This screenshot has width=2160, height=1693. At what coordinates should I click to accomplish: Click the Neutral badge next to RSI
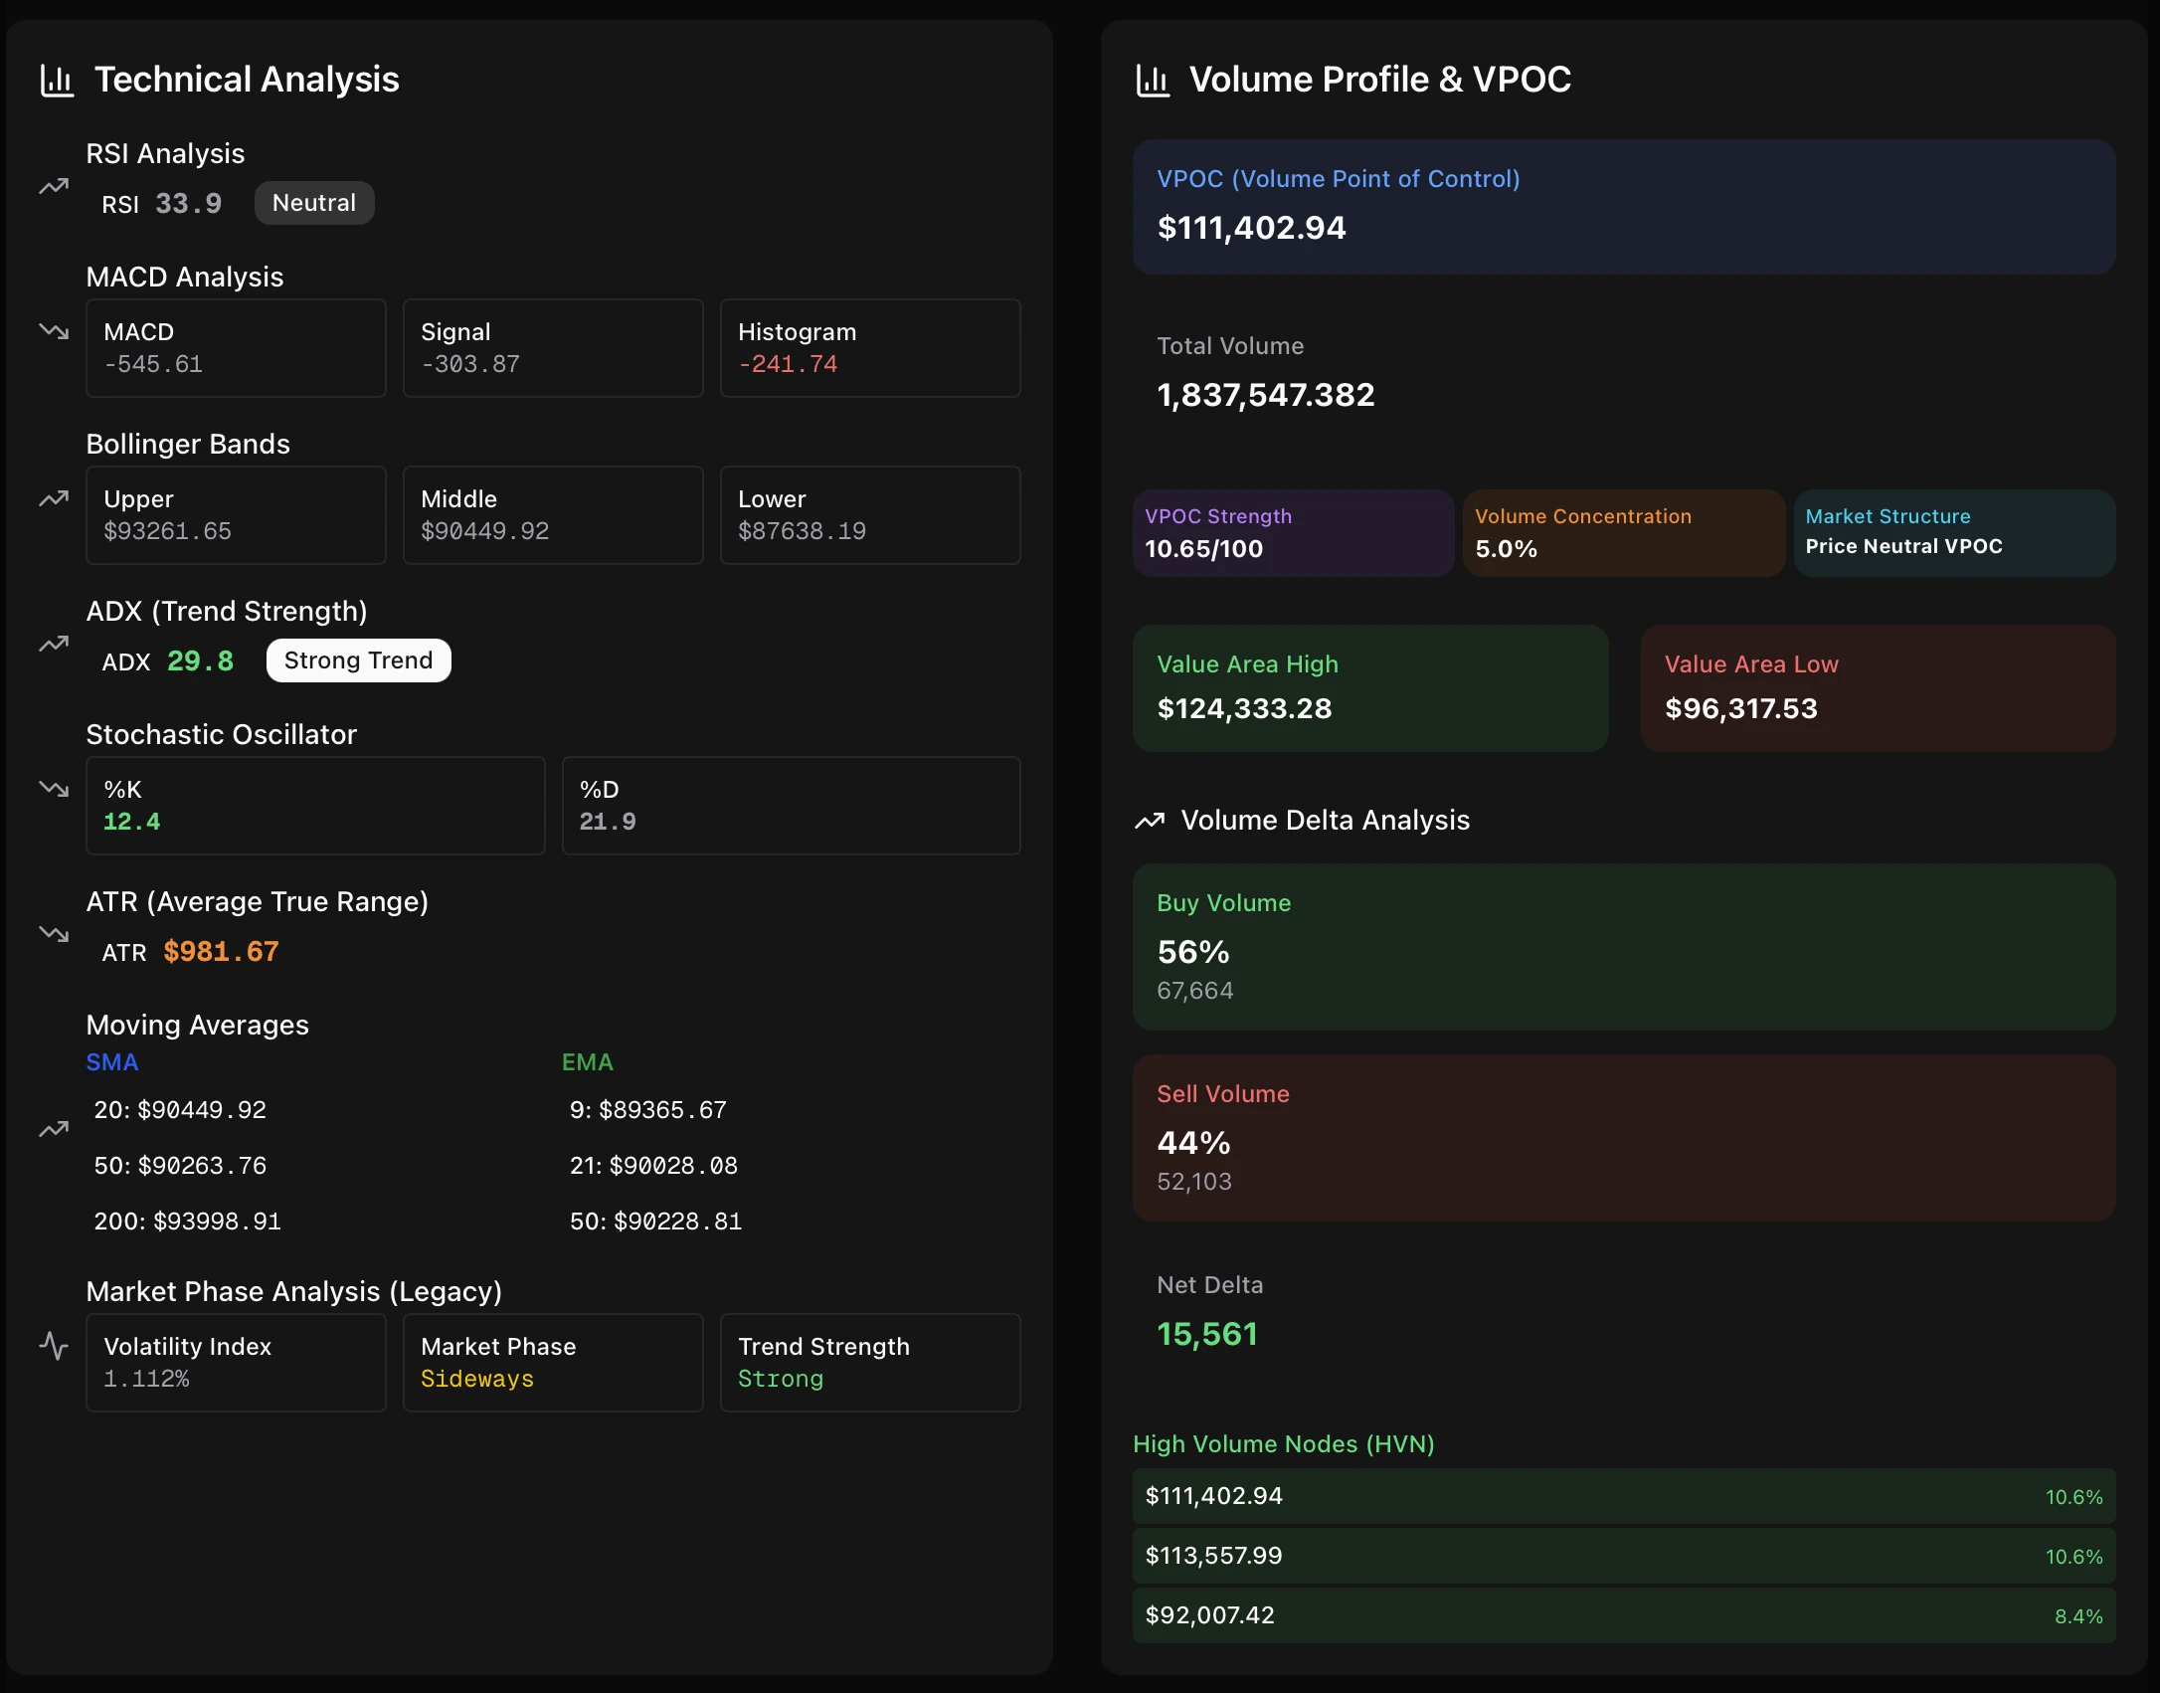314,203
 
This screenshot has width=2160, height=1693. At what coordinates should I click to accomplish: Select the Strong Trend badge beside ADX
358,660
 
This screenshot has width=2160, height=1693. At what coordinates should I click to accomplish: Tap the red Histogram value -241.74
787,364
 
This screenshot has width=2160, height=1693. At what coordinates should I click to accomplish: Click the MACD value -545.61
153,364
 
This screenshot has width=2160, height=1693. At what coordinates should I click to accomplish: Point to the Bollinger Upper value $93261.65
167,531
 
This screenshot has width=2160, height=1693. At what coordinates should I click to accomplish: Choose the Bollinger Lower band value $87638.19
802,531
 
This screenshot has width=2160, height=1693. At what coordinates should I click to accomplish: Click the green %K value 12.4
131,822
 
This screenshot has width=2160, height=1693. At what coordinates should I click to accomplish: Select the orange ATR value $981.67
221,952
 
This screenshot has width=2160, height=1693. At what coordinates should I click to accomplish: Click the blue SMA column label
111,1062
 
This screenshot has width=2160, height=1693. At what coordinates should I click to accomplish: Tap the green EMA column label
587,1062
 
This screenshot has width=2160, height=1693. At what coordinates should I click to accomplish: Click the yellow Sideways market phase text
476,1379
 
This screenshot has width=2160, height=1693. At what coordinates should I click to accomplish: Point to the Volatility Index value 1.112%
146,1379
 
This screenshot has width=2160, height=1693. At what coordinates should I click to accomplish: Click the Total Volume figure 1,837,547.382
1265,395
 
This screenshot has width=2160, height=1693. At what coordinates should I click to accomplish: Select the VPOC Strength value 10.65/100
1203,549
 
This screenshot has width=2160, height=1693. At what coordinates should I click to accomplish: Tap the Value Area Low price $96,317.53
1740,708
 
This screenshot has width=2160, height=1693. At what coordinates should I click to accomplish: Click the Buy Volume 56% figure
1193,952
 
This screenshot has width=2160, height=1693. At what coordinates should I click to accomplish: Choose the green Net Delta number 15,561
1207,1334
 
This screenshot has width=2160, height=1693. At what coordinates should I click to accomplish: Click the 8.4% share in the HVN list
2078,1616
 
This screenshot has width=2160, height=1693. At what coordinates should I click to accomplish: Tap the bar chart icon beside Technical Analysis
57,80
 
